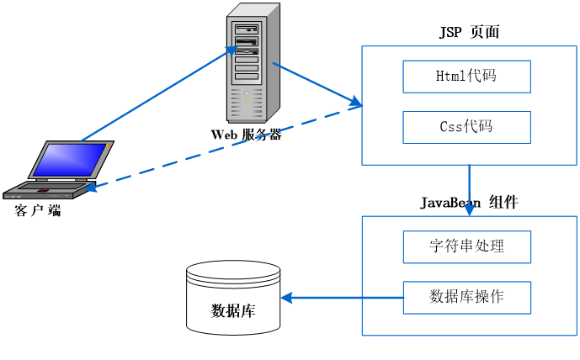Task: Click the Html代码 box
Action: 466,77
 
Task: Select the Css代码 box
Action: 466,127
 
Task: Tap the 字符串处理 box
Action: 466,246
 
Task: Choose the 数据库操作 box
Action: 466,297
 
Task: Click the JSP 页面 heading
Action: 469,33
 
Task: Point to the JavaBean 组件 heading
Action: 469,203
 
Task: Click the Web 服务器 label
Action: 246,134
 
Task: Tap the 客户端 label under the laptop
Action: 39,210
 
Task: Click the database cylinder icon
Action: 232,296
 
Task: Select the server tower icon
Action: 253,63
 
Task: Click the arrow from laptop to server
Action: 160,93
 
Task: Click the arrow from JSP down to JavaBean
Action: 469,189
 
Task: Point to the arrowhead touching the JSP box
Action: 356,103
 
